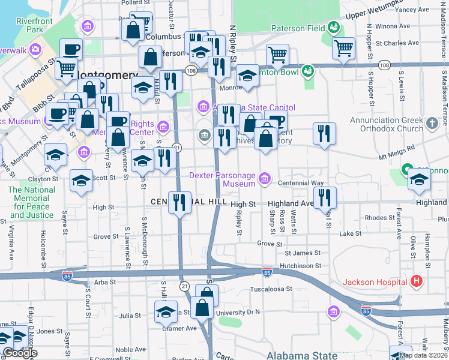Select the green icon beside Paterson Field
click(333, 27)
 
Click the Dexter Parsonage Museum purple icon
click(265, 179)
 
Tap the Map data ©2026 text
click(423, 355)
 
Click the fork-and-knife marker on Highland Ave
click(325, 197)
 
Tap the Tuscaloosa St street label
click(271, 289)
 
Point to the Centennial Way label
click(301, 182)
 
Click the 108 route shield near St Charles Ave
click(384, 64)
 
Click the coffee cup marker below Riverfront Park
click(71, 49)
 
